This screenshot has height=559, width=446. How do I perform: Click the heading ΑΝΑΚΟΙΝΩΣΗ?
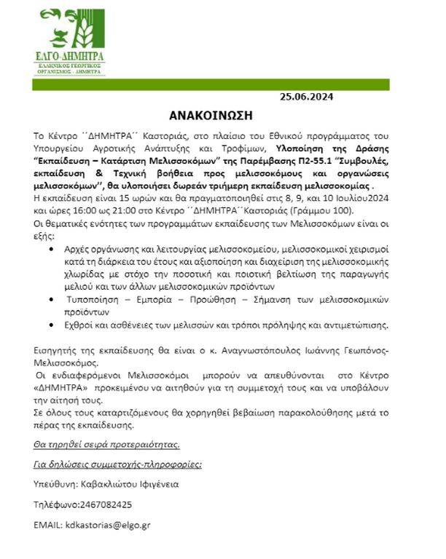[221, 115]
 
